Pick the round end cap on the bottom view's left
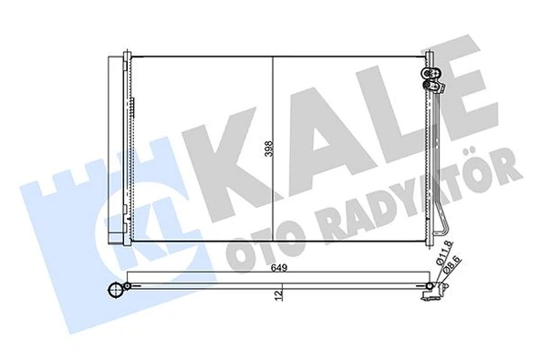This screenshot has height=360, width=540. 115,292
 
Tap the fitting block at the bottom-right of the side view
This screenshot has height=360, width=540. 428,293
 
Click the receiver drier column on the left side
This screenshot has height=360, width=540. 116,146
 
